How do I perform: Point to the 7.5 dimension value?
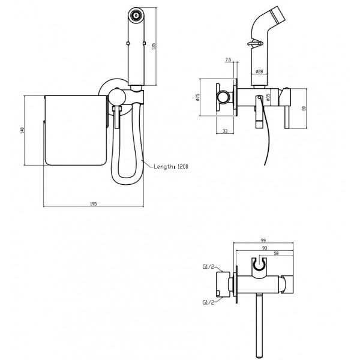pos(229,60)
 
